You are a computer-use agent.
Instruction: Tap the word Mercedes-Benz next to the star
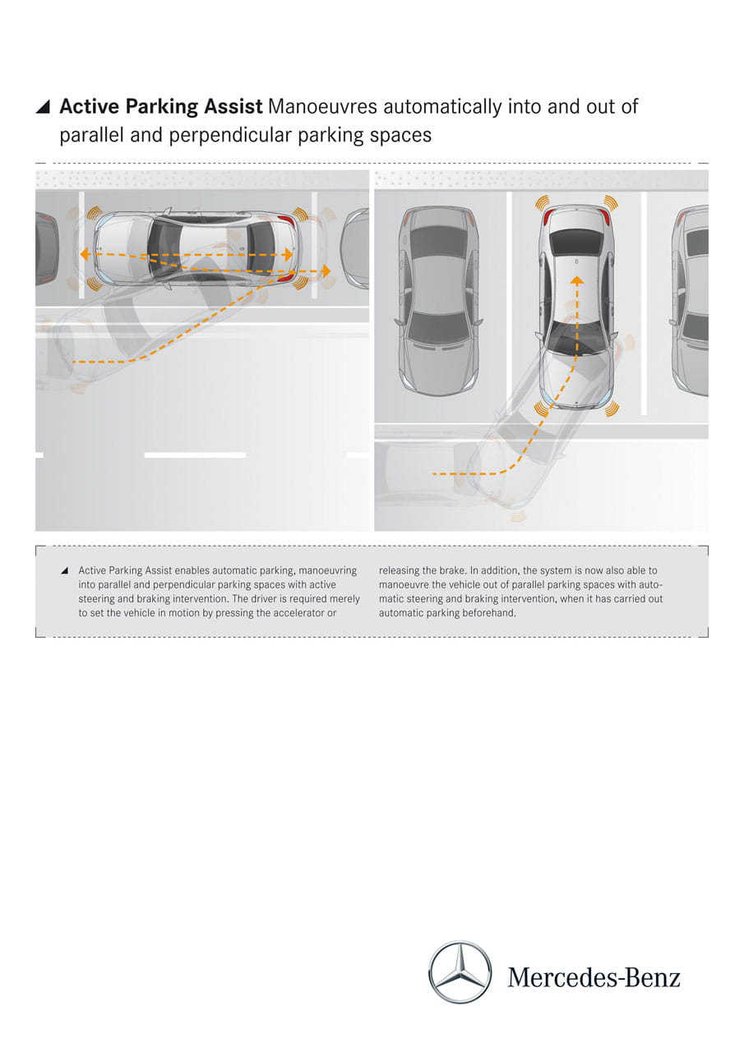click(594, 977)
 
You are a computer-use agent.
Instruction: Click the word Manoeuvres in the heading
click(322, 107)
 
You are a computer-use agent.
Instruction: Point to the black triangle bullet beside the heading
click(43, 107)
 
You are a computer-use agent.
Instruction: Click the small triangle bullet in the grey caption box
click(65, 570)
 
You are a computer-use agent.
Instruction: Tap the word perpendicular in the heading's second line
click(231, 136)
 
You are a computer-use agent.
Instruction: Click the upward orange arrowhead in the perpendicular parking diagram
click(577, 281)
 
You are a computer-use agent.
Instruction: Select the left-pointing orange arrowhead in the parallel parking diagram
click(85, 255)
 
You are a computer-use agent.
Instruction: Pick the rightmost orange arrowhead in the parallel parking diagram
click(326, 270)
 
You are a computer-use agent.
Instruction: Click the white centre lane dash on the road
click(195, 455)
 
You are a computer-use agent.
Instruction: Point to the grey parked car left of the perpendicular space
click(438, 301)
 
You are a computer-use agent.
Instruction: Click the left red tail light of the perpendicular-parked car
click(548, 219)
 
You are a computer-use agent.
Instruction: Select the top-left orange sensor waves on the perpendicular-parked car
click(543, 203)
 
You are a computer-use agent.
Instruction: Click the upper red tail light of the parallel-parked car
click(285, 221)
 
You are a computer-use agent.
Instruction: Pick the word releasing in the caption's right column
click(398, 570)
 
